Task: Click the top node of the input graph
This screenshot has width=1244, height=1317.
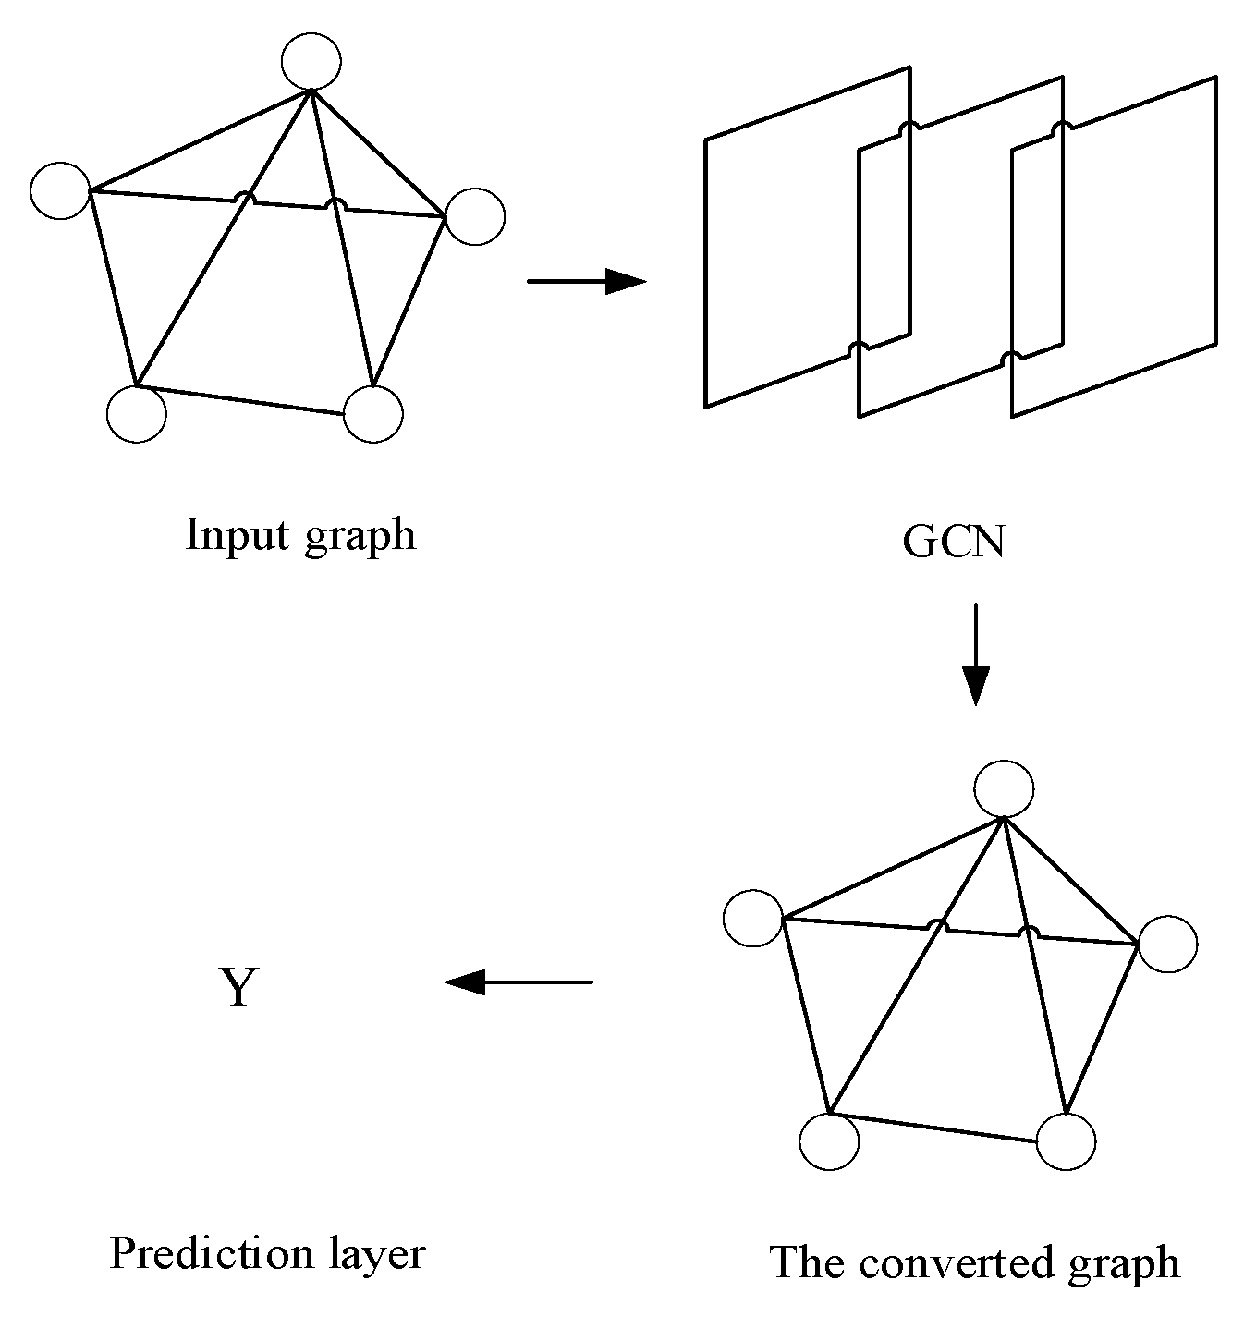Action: point(311,61)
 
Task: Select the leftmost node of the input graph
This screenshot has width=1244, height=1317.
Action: point(60,190)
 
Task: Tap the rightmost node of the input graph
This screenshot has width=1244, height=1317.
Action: point(475,217)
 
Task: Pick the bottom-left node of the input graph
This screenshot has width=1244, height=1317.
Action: point(137,414)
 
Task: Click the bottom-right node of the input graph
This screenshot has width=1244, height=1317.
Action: point(373,413)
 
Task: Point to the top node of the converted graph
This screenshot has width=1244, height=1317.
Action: point(1005,789)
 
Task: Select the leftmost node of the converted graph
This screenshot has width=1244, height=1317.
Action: point(753,919)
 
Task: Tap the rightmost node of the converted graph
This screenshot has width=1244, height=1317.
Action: point(1168,945)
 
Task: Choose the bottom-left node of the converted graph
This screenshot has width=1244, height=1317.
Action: point(830,1142)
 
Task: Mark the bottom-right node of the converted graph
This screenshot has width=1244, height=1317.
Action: point(1067,1141)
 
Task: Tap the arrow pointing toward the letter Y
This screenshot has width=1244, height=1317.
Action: point(518,982)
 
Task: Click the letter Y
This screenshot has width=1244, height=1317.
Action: point(238,988)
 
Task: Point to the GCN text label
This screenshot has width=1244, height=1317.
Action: point(953,543)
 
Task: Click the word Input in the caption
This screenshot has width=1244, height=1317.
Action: point(236,535)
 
